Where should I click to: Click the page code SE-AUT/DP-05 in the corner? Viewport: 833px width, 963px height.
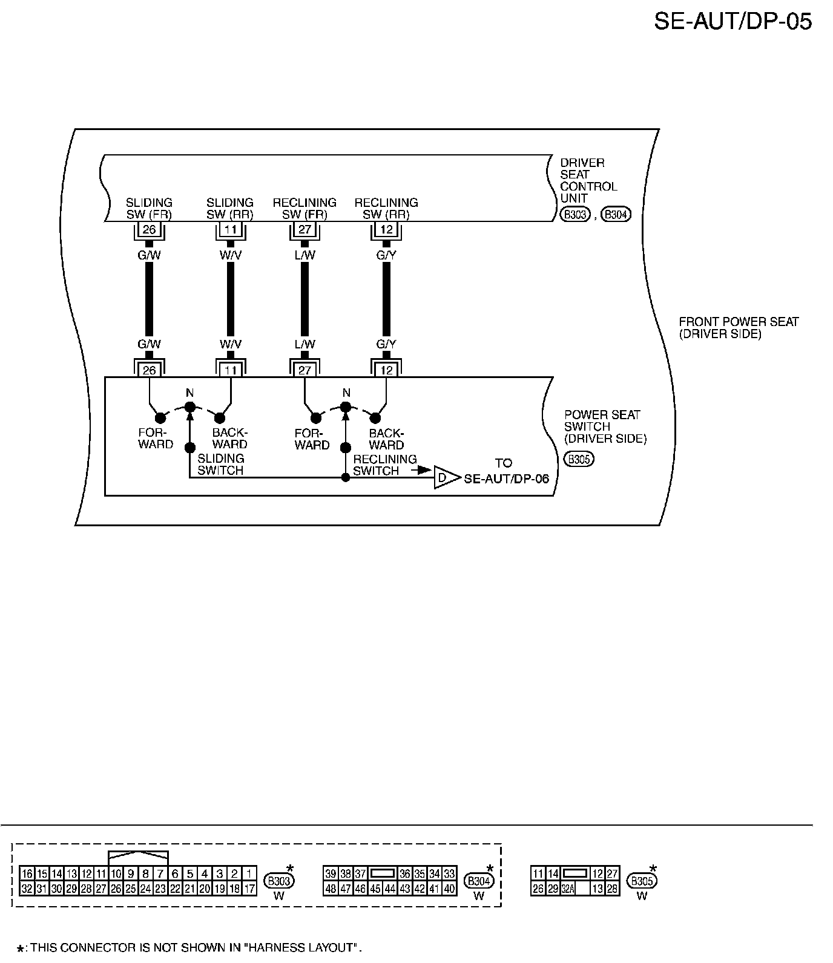click(733, 22)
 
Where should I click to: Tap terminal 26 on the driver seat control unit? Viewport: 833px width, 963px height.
click(149, 230)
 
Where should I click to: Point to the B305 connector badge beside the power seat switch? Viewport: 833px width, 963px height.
click(579, 459)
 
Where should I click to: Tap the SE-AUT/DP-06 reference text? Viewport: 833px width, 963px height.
click(506, 478)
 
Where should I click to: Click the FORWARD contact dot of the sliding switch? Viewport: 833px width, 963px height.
click(160, 418)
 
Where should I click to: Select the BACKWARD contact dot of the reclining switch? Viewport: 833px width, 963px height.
click(375, 418)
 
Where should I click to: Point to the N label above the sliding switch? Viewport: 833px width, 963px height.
click(189, 394)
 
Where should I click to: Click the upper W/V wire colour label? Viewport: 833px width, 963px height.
click(230, 255)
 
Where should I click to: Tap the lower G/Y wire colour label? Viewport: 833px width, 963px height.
click(386, 344)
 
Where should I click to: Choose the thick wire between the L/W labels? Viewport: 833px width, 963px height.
click(305, 299)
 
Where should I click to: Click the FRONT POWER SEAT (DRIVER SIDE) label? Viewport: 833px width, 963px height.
click(739, 328)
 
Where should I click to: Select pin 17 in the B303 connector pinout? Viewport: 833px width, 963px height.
click(249, 889)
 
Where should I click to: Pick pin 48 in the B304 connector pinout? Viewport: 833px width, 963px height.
click(331, 889)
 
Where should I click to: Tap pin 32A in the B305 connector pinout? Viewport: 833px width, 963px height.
click(567, 889)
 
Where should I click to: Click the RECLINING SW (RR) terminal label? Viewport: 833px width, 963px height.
click(386, 208)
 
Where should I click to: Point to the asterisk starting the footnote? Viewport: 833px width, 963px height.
click(20, 948)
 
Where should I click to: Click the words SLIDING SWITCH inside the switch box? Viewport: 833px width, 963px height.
click(220, 465)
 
